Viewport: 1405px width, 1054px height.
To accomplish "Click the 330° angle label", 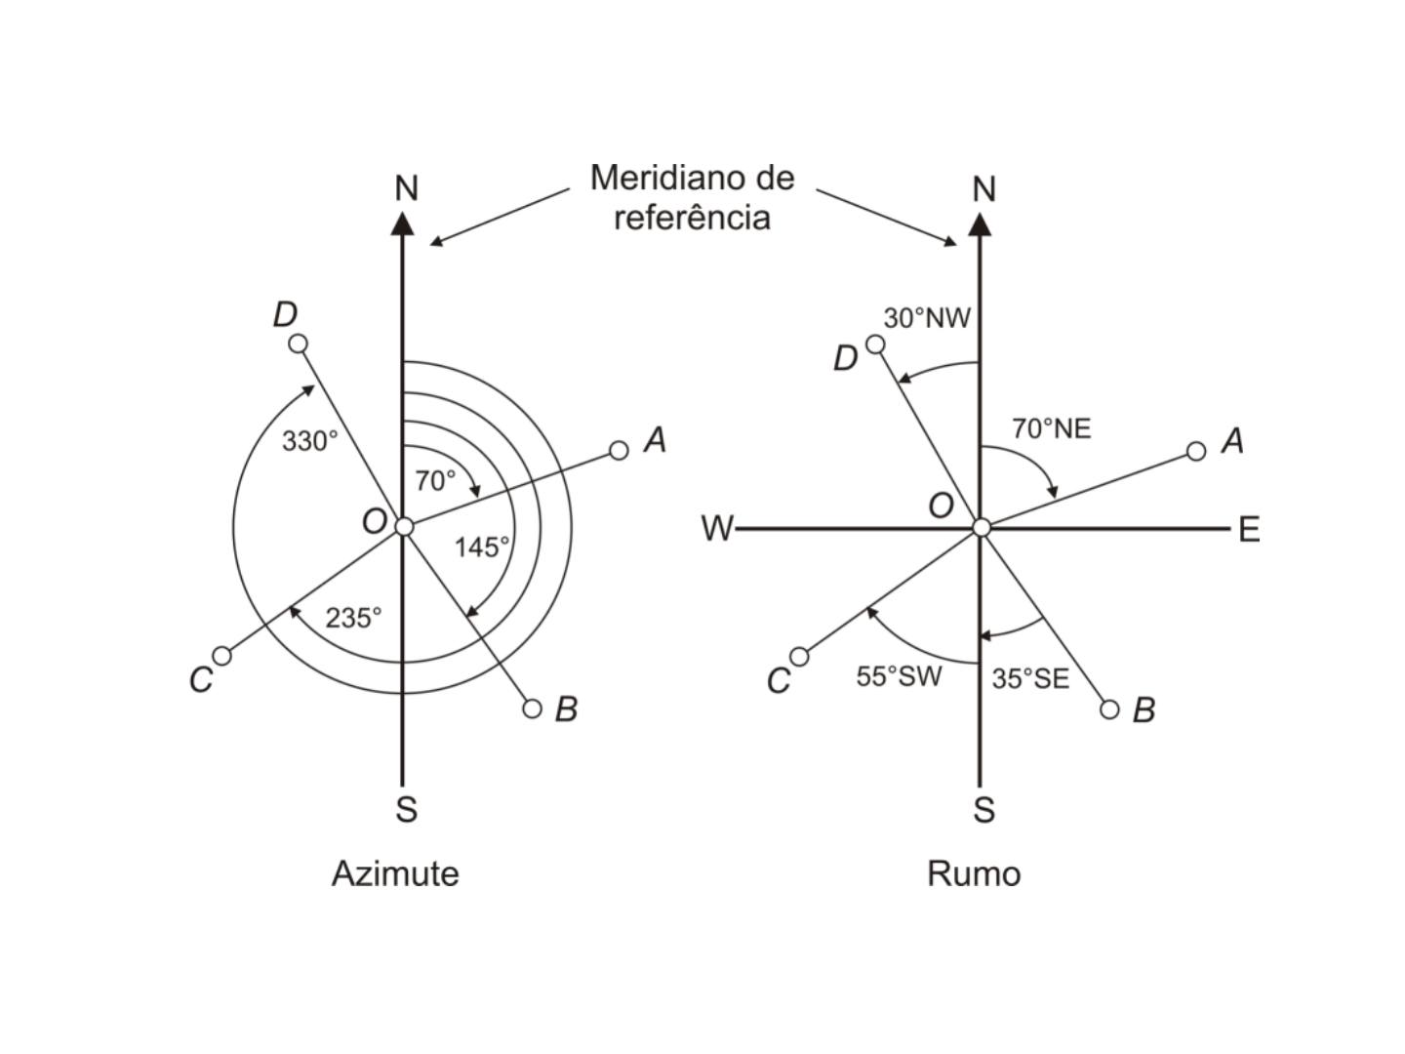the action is (x=310, y=441).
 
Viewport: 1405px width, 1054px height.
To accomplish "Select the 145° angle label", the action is (x=482, y=547).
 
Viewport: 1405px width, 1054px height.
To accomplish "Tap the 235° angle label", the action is (x=353, y=618).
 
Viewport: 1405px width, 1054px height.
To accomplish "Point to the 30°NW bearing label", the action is (x=927, y=318).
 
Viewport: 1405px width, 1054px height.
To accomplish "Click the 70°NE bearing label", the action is (x=1052, y=428).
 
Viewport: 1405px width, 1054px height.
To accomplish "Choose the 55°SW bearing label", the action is (x=899, y=676).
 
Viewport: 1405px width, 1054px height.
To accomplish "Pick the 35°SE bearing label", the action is (x=1030, y=678).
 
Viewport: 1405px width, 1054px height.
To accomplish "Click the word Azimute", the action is (x=395, y=873).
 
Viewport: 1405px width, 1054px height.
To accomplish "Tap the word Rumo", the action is (x=974, y=874).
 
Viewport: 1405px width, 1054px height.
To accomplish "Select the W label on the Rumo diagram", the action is (x=717, y=529).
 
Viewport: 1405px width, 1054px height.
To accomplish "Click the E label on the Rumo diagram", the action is (x=1250, y=529).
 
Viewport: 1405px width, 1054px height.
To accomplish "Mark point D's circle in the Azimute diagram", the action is (x=298, y=344).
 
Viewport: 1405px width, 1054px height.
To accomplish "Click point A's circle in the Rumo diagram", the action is (x=1195, y=451).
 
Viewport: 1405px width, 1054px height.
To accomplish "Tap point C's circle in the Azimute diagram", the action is (x=222, y=656).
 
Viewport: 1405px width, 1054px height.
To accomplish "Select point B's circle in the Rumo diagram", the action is (x=1109, y=709).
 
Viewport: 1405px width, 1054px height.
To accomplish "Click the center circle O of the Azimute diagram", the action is (x=404, y=527).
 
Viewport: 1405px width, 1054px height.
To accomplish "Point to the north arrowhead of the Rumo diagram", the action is (x=980, y=223).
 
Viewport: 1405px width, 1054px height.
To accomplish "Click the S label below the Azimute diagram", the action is (x=407, y=809).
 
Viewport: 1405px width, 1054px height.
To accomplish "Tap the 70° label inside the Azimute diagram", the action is (x=435, y=480).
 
